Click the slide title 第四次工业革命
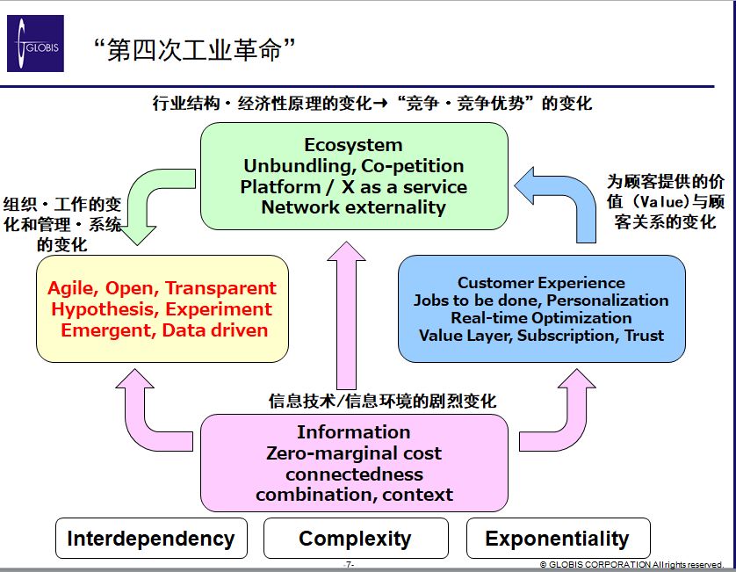click(x=193, y=49)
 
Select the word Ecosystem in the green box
click(x=353, y=145)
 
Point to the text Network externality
click(x=353, y=207)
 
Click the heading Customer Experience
click(x=541, y=283)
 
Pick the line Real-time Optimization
click(x=541, y=318)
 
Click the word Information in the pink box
click(x=353, y=432)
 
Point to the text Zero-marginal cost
click(x=353, y=453)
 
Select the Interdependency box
click(x=151, y=539)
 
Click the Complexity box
click(x=355, y=539)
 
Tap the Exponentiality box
click(x=557, y=539)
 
